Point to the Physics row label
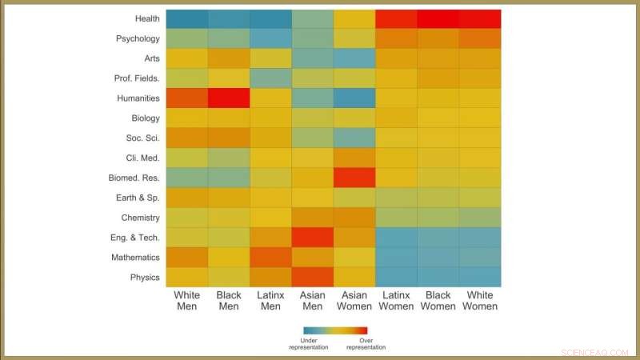pyautogui.click(x=144, y=278)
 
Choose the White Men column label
pyautogui.click(x=187, y=300)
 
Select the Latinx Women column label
pyautogui.click(x=396, y=300)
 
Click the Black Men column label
pyautogui.click(x=229, y=300)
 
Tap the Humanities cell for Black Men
pyautogui.click(x=229, y=98)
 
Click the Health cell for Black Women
pyautogui.click(x=438, y=18)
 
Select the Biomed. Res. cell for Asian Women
pyautogui.click(x=354, y=178)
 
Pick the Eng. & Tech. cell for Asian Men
pyautogui.click(x=313, y=238)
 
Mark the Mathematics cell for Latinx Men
pyautogui.click(x=270, y=258)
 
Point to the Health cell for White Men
pyautogui.click(x=187, y=18)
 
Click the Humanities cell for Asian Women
pyautogui.click(x=354, y=98)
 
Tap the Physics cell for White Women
pyautogui.click(x=480, y=278)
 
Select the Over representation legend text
pyautogui.click(x=366, y=344)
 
